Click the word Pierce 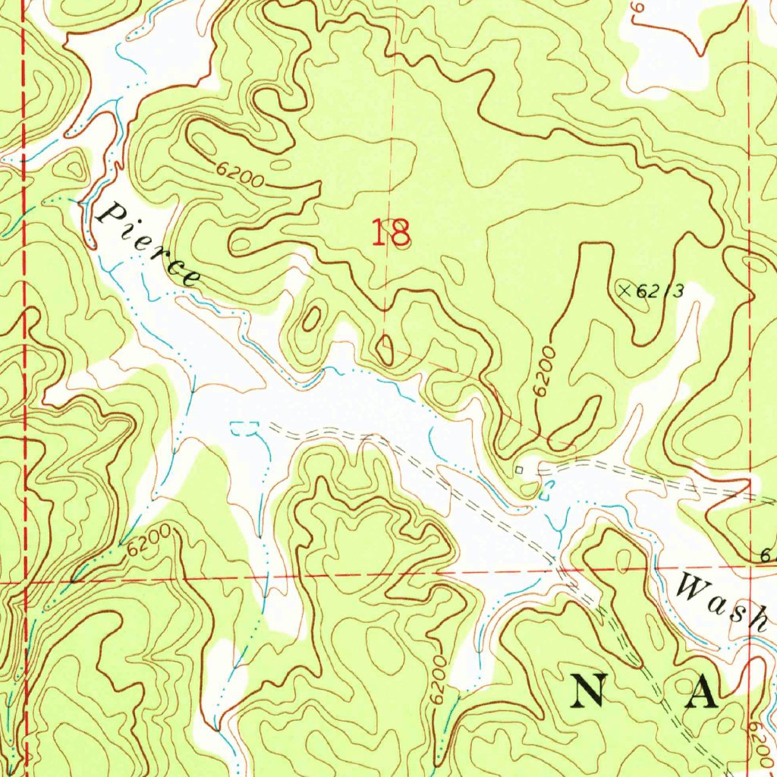click(149, 244)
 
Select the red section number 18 click(392, 232)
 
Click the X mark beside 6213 click(625, 289)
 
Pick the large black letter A click(701, 692)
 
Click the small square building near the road click(519, 470)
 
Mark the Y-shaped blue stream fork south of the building click(560, 524)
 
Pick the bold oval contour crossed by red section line click(385, 349)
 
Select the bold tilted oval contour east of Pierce click(310, 320)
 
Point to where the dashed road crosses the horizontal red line click(559, 574)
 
